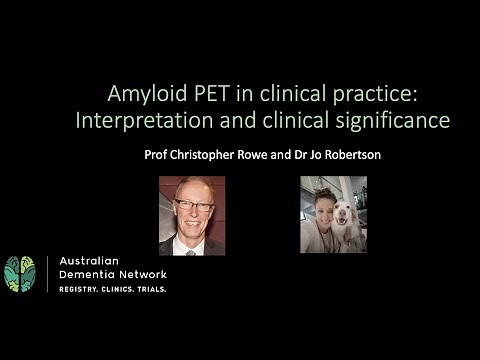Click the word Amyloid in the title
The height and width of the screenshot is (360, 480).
(143, 95)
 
